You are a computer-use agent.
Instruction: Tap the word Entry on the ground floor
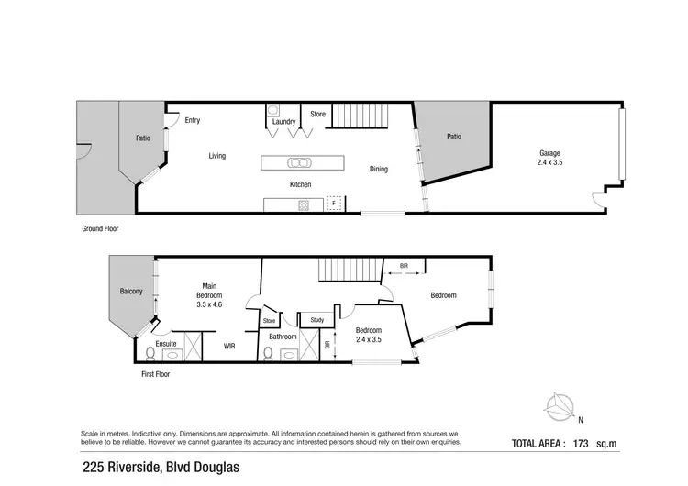193,120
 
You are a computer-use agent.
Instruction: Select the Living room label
216,156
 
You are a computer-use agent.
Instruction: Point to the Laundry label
283,121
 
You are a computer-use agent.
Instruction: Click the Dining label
379,169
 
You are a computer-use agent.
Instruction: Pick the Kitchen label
301,184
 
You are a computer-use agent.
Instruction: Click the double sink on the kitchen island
299,163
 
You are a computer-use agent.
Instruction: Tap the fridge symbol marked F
336,204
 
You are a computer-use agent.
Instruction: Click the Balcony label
131,292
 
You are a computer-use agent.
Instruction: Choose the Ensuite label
166,344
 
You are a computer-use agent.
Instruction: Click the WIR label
231,347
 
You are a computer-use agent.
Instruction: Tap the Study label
317,320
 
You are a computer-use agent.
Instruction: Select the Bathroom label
283,337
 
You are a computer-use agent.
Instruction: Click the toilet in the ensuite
150,354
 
